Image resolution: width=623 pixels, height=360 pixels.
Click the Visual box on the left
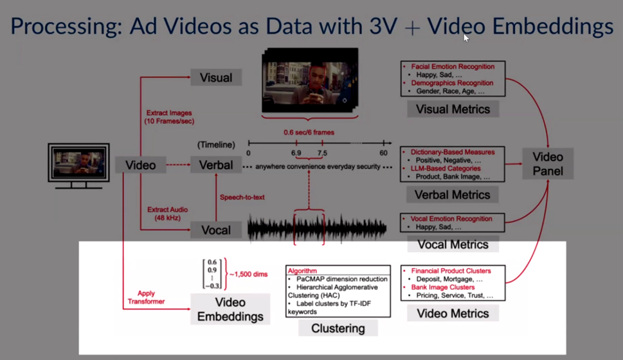pyautogui.click(x=216, y=78)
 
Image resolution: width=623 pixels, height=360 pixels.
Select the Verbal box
pyautogui.click(x=216, y=165)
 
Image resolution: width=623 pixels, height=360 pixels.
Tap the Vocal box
pyautogui.click(x=216, y=230)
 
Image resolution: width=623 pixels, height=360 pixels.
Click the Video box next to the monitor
pyautogui.click(x=140, y=165)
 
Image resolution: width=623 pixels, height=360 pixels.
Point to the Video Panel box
pyautogui.click(x=548, y=164)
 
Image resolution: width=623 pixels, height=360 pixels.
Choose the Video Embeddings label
pyautogui.click(x=230, y=309)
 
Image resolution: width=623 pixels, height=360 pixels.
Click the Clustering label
pyautogui.click(x=338, y=328)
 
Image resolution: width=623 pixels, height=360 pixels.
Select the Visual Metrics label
pyautogui.click(x=453, y=109)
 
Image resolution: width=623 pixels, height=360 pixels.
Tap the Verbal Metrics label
pyautogui.click(x=453, y=195)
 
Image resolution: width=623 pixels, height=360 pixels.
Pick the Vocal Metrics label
pyautogui.click(x=453, y=244)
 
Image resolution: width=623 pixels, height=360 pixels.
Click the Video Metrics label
pyautogui.click(x=453, y=314)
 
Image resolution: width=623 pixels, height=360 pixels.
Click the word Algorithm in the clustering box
pyautogui.click(x=302, y=271)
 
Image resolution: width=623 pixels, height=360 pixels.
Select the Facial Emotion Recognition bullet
pyautogui.click(x=452, y=66)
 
